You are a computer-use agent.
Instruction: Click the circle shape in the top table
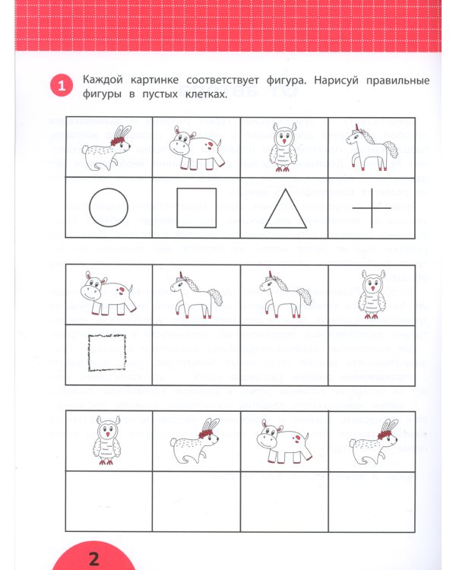coord(109,207)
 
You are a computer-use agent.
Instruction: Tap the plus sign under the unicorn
coord(372,207)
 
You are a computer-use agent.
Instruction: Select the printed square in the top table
coord(197,207)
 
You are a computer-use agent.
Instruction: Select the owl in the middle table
coord(372,295)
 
